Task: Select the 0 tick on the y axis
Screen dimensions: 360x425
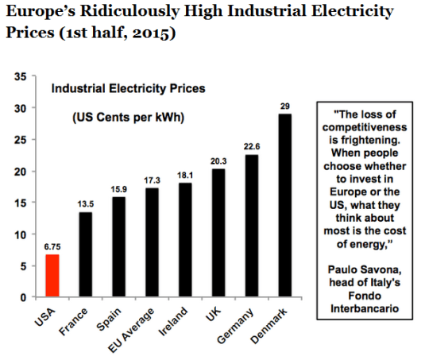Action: pos(25,298)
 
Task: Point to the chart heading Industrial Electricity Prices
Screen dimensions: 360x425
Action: pos(128,89)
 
